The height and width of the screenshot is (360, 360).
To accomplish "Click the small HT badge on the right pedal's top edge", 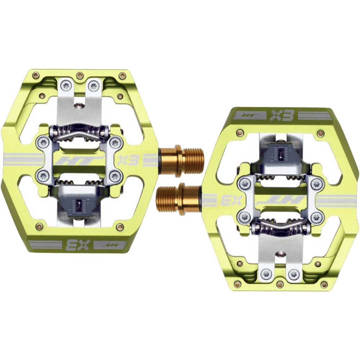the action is pos(251,116).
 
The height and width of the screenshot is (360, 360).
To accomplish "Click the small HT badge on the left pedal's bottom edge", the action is pos(110,244).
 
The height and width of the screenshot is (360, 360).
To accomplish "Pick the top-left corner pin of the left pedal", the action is pos(36,75).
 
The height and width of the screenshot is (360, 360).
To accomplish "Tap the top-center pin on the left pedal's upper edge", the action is pos(80,75).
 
